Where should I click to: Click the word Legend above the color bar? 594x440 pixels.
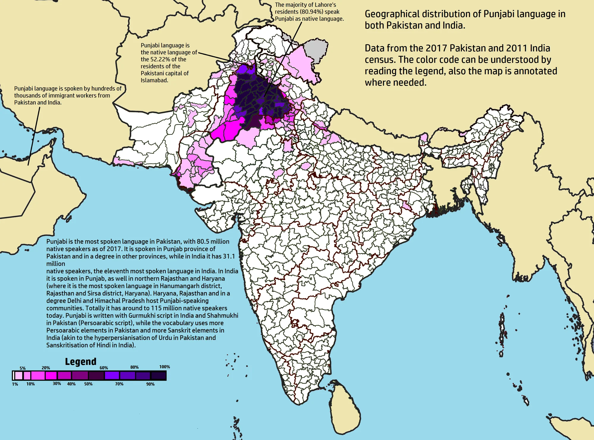coord(80,362)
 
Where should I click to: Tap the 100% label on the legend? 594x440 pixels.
coord(165,367)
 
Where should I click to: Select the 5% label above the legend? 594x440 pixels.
coord(23,368)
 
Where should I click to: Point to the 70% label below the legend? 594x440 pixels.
coord(119,384)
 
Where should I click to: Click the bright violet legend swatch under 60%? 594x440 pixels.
coord(112,376)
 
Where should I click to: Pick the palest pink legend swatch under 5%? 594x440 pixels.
coord(19,376)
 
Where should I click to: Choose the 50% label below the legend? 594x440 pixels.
coord(88,384)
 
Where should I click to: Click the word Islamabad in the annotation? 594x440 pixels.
coord(154,80)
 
